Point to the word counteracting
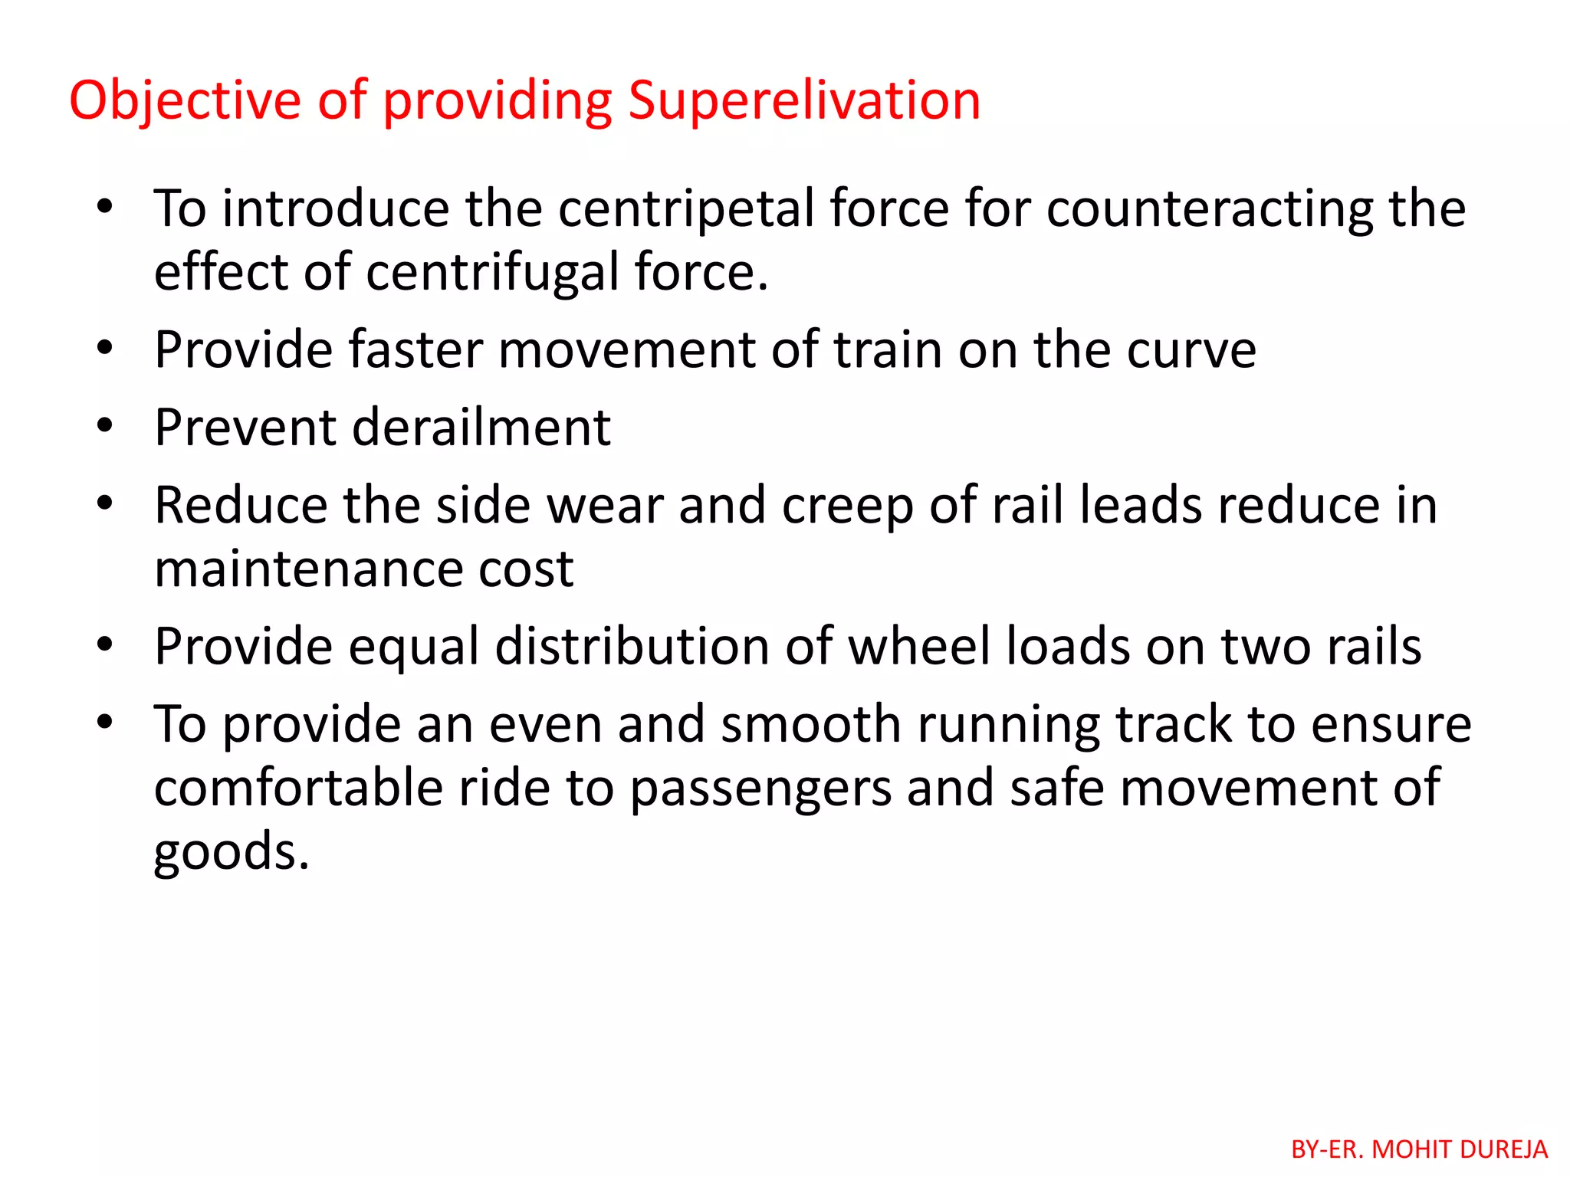click(1210, 208)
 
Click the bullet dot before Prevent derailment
click(105, 425)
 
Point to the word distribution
click(632, 646)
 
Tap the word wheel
click(919, 646)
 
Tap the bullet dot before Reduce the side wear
click(105, 503)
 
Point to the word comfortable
click(298, 788)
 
